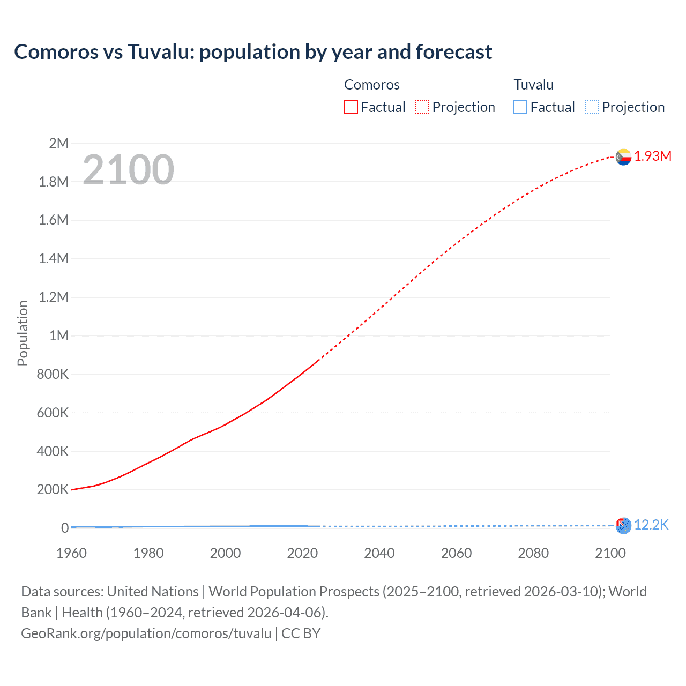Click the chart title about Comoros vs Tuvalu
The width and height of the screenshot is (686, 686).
[x=253, y=52]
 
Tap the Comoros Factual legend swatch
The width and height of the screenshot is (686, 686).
[x=351, y=107]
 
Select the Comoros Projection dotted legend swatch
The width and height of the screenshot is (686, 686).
[x=422, y=107]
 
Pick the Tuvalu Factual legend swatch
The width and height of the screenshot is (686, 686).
[x=520, y=107]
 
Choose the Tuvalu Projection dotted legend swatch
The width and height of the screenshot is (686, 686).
[x=592, y=107]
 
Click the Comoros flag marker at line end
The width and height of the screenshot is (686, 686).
[x=623, y=157]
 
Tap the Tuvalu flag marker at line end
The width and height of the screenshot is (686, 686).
[x=623, y=526]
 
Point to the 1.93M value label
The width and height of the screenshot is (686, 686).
[x=653, y=156]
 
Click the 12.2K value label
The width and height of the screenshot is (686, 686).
[x=651, y=525]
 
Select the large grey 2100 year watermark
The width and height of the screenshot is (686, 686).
[x=128, y=170]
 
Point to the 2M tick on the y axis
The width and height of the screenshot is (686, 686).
[x=58, y=143]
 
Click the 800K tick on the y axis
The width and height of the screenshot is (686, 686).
[x=53, y=374]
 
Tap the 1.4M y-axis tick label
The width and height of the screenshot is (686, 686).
[x=54, y=258]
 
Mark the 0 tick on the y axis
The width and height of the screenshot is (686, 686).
[x=64, y=528]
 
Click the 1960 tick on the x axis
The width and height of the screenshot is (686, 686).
[x=71, y=553]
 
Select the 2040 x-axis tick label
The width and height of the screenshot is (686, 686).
[x=379, y=553]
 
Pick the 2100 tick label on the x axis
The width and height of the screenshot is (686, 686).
[x=610, y=553]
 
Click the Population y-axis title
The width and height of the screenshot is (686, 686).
[x=23, y=333]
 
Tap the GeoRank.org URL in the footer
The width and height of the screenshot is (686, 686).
[x=146, y=633]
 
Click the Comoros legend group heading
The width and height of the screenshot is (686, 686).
[x=371, y=85]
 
